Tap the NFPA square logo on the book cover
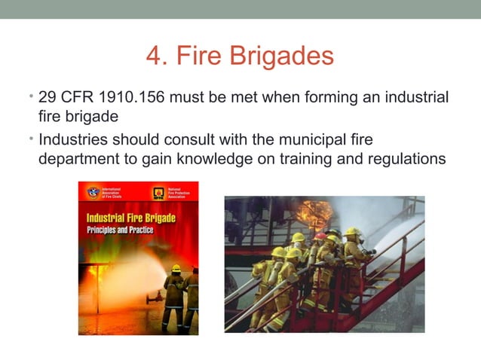[158, 193]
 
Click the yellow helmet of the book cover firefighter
[176, 268]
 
